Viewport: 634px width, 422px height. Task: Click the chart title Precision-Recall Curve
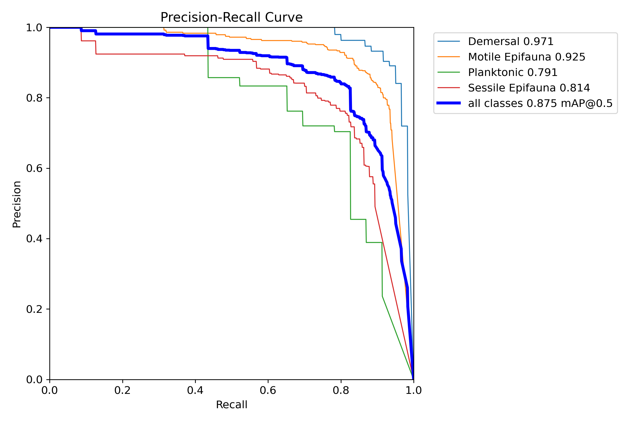[231, 17]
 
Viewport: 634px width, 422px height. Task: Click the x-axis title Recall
[231, 405]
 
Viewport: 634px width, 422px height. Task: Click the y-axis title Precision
[17, 204]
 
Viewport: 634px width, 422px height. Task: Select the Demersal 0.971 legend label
[511, 42]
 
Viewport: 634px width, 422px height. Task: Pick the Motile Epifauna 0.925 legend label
[526, 57]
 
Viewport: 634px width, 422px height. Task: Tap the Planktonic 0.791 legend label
[513, 73]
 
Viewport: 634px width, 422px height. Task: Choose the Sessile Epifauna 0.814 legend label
[529, 88]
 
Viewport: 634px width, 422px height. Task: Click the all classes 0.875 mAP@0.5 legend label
[540, 104]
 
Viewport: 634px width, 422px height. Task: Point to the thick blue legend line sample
[449, 103]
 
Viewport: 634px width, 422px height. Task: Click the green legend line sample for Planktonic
[449, 72]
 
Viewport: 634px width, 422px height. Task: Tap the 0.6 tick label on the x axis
[268, 390]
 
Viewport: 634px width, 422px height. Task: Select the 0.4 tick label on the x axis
[195, 390]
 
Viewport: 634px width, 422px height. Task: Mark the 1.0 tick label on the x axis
[413, 390]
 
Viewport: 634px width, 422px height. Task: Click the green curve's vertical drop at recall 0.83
[350, 174]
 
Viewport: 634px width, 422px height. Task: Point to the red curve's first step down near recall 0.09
[81, 35]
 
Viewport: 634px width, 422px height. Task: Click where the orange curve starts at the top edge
[163, 28]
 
